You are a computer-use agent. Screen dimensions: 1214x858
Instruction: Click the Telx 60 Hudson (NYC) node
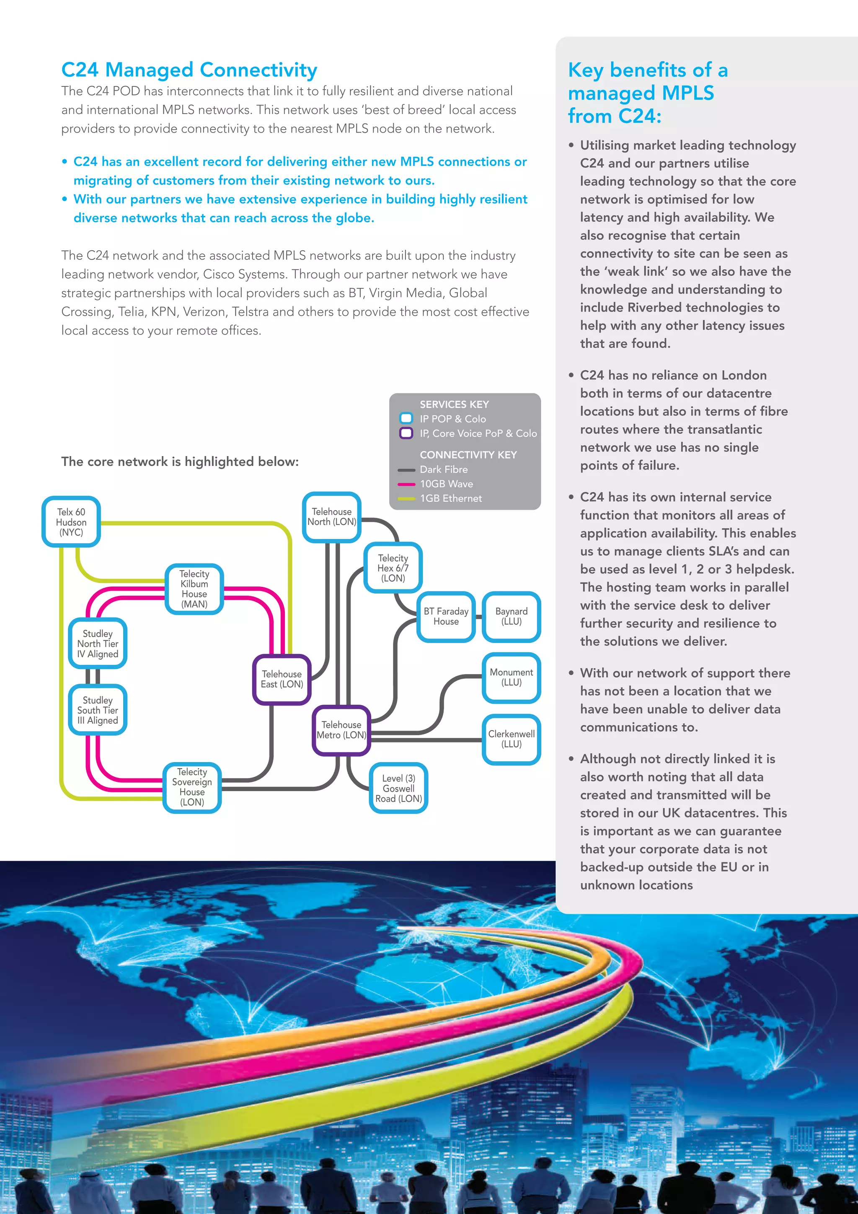tap(71, 522)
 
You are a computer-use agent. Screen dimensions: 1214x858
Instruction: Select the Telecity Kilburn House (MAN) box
tap(194, 589)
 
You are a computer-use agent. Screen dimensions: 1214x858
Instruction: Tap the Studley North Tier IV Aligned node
tap(98, 643)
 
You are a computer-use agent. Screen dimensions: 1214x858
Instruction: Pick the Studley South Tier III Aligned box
tap(98, 710)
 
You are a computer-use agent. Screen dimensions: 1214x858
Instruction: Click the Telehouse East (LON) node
tap(282, 680)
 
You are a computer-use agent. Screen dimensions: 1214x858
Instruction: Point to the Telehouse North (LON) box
tap(331, 516)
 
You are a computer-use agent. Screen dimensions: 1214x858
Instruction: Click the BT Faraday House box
tap(446, 617)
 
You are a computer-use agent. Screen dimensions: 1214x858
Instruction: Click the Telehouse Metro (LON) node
tap(341, 730)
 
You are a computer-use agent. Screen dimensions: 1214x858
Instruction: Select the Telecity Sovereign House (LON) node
tap(192, 787)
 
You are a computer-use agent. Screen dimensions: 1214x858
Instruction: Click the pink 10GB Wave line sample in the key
tap(406, 484)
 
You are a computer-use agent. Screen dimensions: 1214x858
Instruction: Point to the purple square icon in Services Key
tap(406, 433)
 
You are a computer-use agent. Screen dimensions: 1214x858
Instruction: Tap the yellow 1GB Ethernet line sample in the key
tap(406, 498)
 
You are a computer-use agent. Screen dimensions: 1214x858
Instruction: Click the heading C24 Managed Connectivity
tap(189, 70)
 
